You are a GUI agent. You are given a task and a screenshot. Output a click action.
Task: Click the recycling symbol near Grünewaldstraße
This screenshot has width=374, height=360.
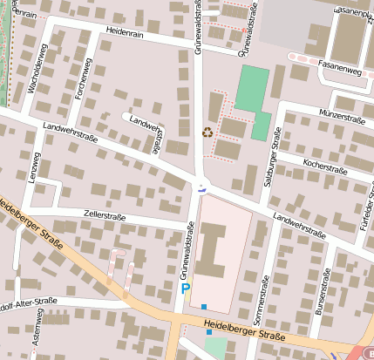207,132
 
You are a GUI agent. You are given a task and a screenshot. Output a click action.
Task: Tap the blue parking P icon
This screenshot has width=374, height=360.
185,286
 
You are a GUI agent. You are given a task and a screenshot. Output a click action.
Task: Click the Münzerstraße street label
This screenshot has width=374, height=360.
342,115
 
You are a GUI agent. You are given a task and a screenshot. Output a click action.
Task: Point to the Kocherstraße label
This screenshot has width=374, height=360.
327,164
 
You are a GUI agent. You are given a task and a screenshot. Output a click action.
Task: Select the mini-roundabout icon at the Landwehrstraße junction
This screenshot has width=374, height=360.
202,186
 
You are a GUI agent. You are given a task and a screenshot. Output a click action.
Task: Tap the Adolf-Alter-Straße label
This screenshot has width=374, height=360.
26,302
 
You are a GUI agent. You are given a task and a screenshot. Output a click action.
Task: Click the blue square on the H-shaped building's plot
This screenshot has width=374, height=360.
204,306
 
